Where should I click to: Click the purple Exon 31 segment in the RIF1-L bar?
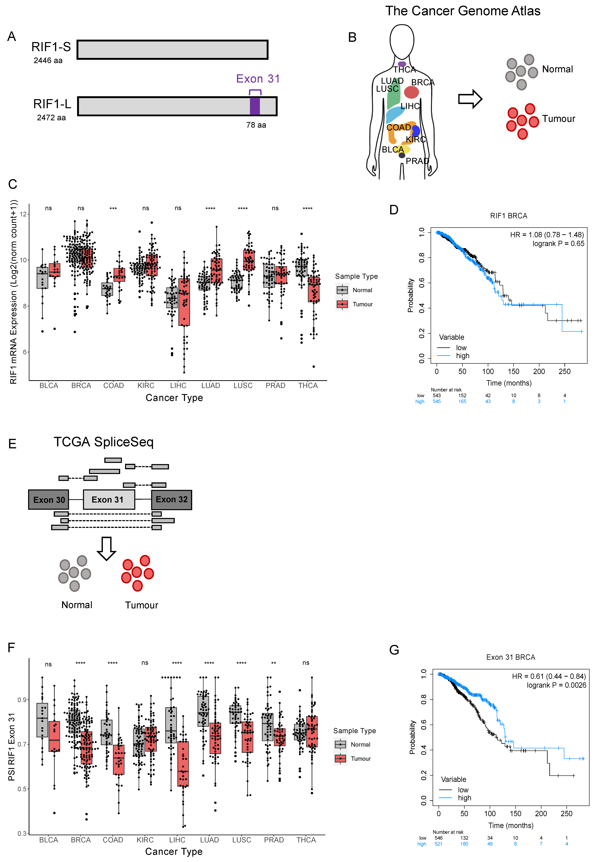pyautogui.click(x=255, y=106)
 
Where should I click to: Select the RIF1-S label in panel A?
pyautogui.click(x=51, y=47)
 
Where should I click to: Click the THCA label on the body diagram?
pyautogui.click(x=405, y=70)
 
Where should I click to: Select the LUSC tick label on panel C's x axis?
pyautogui.click(x=243, y=386)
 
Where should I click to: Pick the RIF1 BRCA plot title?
pyautogui.click(x=509, y=216)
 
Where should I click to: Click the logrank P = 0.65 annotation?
pyautogui.click(x=558, y=243)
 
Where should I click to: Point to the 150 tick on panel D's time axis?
pyautogui.click(x=513, y=371)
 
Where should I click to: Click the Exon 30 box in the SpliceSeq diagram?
pyautogui.click(x=49, y=500)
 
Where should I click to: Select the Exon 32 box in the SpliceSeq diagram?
pyautogui.click(x=171, y=500)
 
